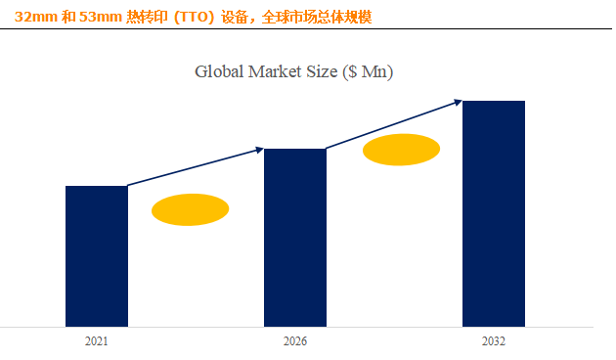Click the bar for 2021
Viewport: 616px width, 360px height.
pyautogui.click(x=97, y=256)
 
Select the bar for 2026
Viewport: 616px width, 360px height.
pyautogui.click(x=295, y=238)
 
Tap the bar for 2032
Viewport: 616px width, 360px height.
pyautogui.click(x=494, y=214)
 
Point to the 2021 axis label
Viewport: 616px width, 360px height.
pyautogui.click(x=96, y=341)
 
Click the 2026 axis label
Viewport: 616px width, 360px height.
pyautogui.click(x=295, y=341)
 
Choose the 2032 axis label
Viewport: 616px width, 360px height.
pyautogui.click(x=494, y=341)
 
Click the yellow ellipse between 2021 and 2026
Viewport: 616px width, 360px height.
pyautogui.click(x=190, y=209)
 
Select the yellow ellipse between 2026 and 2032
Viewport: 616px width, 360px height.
pyautogui.click(x=401, y=150)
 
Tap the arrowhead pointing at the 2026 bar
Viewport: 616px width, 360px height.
pyautogui.click(x=260, y=150)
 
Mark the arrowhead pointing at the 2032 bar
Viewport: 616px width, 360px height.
pyautogui.click(x=458, y=102)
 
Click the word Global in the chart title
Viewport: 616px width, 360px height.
pyautogui.click(x=219, y=72)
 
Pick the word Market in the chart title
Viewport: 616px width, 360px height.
pyautogui.click(x=275, y=72)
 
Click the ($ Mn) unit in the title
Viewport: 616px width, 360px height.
pyautogui.click(x=368, y=72)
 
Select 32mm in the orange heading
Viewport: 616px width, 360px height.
pyautogui.click(x=36, y=18)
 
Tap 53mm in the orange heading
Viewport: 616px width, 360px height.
pyautogui.click(x=100, y=18)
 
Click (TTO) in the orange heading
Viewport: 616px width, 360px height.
pyautogui.click(x=194, y=18)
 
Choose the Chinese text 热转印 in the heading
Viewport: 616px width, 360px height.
pyautogui.click(x=147, y=18)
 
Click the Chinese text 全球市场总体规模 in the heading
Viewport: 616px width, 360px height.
pyautogui.click(x=317, y=18)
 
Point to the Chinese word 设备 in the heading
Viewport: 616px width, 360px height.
pyautogui.click(x=235, y=18)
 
